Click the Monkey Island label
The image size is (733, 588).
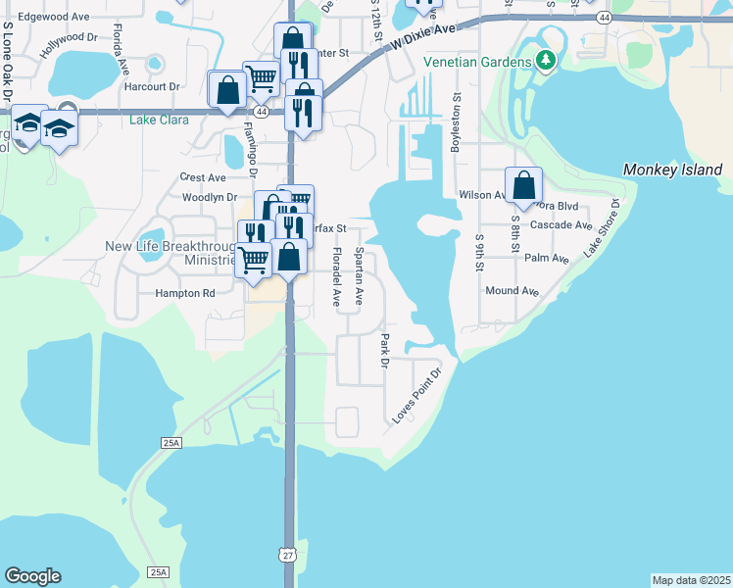tap(672, 170)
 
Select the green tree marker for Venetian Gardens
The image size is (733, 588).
tap(546, 61)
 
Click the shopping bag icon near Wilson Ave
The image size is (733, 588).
tap(524, 184)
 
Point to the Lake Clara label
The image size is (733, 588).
tap(158, 121)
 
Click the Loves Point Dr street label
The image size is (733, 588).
tap(418, 395)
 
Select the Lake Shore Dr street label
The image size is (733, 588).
tap(603, 228)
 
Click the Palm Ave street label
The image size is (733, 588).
tap(547, 259)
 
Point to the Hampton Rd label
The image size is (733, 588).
tap(183, 293)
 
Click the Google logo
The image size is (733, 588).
tap(32, 576)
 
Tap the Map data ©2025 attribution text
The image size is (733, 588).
tap(691, 580)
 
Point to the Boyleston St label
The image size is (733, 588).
tap(455, 123)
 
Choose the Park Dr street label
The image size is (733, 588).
tap(384, 351)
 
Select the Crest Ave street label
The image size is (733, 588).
tap(203, 177)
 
